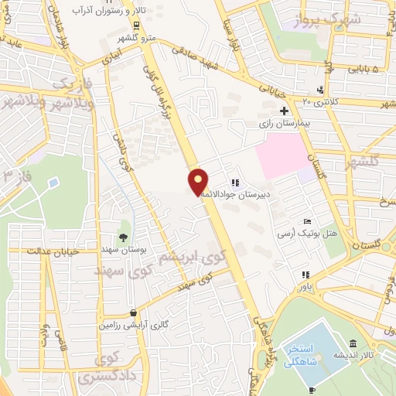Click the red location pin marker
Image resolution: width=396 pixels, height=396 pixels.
tap(198, 181)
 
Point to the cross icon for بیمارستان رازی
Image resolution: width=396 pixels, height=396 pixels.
tap(284, 111)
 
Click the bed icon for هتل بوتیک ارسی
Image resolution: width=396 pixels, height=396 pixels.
tap(308, 221)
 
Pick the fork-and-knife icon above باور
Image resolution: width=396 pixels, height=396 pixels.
tap(307, 275)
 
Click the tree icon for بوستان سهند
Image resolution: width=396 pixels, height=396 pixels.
tap(124, 237)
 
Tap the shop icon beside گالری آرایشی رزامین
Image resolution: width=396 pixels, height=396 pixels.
tap(134, 313)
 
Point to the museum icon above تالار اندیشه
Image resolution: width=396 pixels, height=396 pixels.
tap(353, 343)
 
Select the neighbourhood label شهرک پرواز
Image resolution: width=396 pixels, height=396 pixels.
tap(317, 20)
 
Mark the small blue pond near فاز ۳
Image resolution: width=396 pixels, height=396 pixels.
tap(53, 183)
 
